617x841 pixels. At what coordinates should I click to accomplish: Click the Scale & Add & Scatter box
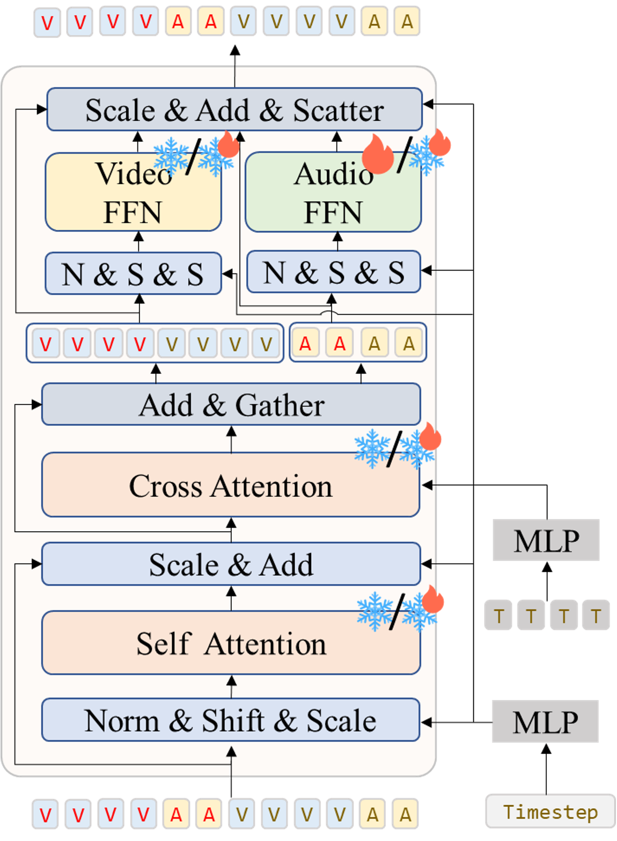pos(234,110)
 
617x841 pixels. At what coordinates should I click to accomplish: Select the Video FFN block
pos(133,192)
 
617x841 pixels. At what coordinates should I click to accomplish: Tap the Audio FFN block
pos(333,192)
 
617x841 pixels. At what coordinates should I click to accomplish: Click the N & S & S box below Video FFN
pos(133,274)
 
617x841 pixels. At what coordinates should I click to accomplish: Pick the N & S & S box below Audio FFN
pos(333,272)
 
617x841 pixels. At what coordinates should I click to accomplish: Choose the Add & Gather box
pos(231,404)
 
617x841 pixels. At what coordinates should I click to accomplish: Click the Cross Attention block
pos(231,485)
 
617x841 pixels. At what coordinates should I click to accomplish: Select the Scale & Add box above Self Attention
pos(231,564)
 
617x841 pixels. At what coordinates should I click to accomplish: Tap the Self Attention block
pos(231,643)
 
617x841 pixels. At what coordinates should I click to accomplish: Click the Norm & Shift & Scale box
pos(231,720)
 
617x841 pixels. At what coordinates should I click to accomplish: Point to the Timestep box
pos(550,811)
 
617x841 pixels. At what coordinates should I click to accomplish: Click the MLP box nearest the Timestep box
pos(546,722)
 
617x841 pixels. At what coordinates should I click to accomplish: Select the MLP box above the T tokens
pos(546,540)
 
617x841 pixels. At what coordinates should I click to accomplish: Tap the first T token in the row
pos(498,615)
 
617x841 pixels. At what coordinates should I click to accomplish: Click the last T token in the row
pos(596,615)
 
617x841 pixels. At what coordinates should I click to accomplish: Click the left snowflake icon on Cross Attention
pos(371,448)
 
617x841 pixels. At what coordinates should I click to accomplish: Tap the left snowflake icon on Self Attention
pos(374,611)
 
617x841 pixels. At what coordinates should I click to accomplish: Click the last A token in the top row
pos(407,22)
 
